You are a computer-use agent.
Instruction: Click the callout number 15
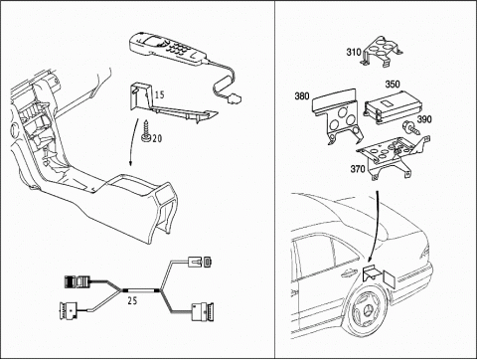160,94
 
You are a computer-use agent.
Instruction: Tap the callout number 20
157,138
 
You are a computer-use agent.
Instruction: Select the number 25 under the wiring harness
132,301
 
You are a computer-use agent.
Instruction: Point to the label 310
354,52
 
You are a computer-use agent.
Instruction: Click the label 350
393,85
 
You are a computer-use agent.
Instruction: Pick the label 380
302,96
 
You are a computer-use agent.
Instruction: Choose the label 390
424,119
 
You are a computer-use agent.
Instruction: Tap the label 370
358,169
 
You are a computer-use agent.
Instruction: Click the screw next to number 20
146,131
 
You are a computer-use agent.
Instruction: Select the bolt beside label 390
410,127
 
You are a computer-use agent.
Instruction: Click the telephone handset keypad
178,49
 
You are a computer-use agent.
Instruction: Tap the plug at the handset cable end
236,98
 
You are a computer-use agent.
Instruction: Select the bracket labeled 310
383,52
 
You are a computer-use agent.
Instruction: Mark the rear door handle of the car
350,272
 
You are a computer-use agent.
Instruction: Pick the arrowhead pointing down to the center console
130,163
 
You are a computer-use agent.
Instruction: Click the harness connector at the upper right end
200,262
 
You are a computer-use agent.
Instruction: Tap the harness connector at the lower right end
203,312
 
